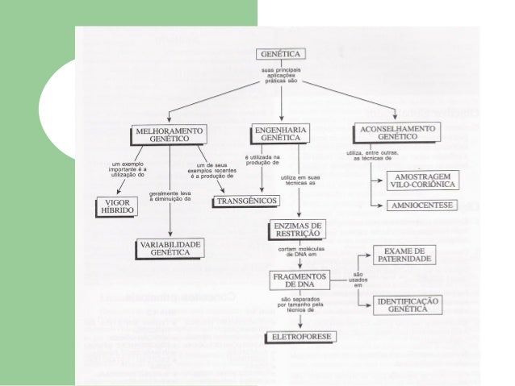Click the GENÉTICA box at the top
pyautogui.click(x=281, y=55)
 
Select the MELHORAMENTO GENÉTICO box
pyautogui.click(x=170, y=135)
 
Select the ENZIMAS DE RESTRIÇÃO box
pyautogui.click(x=299, y=229)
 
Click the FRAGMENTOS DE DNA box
pyautogui.click(x=299, y=281)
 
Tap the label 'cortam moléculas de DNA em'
pyautogui.click(x=299, y=254)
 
